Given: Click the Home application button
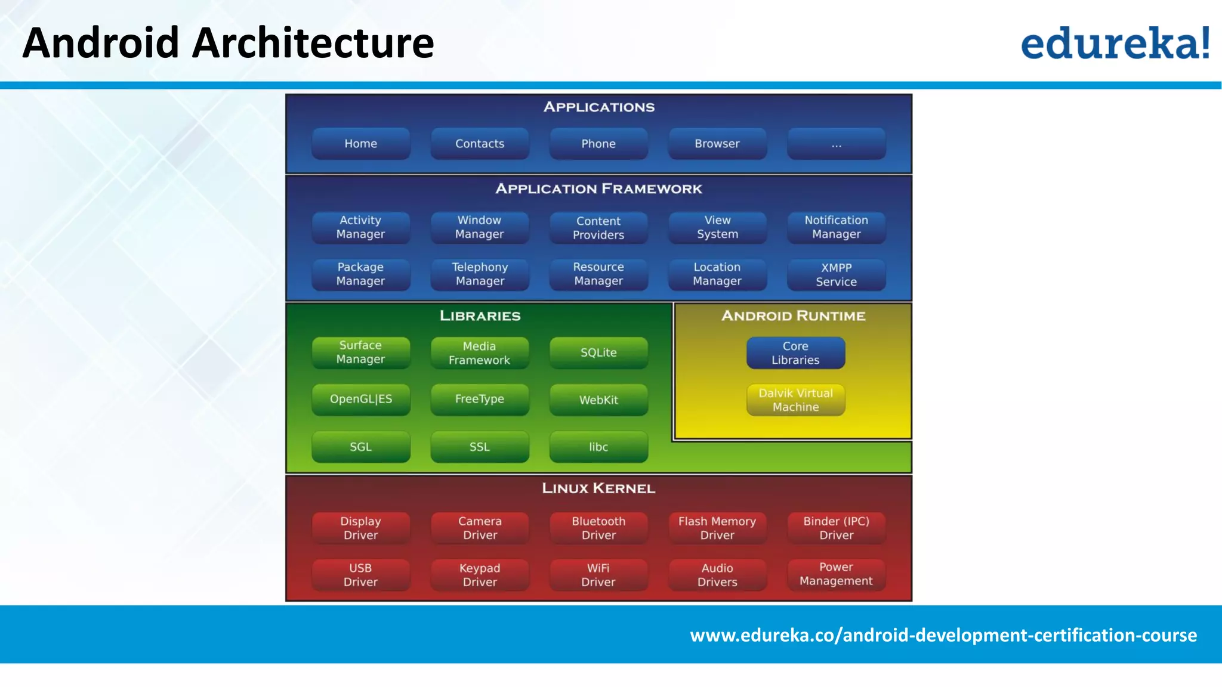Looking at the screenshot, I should (360, 144).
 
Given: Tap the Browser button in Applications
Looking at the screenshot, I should (717, 144).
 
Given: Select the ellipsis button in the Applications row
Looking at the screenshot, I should (836, 144).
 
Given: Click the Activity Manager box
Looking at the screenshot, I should (360, 227).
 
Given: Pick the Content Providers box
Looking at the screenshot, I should (598, 228).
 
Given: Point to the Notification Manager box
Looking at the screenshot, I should (836, 227).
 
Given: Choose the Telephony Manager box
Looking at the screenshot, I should (480, 274).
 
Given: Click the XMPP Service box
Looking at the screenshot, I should (836, 275).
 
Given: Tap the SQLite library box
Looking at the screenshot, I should (598, 352).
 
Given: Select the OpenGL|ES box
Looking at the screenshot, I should (360, 399).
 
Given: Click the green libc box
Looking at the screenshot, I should (598, 447).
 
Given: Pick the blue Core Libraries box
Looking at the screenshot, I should (795, 353).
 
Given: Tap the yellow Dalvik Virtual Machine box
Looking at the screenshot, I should (795, 400).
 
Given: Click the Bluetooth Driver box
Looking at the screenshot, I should (598, 528).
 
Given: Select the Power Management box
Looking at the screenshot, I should (836, 574).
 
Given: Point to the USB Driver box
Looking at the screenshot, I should (360, 575).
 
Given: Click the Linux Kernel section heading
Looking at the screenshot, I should (598, 488).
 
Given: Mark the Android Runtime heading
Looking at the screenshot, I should (793, 315).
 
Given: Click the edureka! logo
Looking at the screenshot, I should (1115, 44).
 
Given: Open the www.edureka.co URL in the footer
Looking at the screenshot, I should (943, 635).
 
